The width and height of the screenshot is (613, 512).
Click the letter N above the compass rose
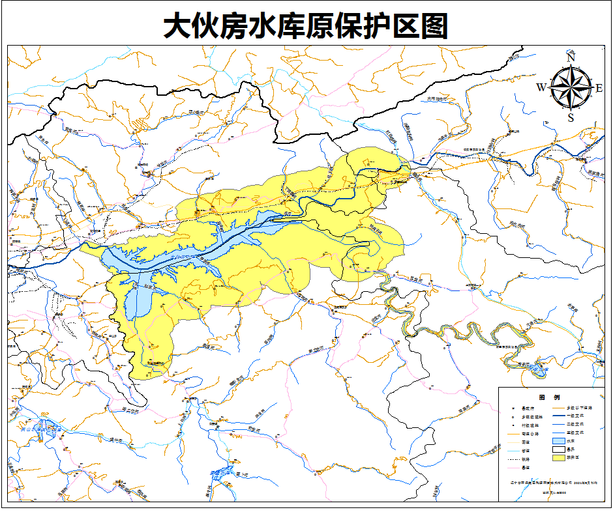click(571, 57)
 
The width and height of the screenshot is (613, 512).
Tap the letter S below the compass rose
click(571, 118)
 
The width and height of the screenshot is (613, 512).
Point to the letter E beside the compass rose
click(599, 88)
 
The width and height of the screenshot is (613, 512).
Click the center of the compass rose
click(571, 88)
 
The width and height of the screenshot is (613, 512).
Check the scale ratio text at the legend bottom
click(554, 492)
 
